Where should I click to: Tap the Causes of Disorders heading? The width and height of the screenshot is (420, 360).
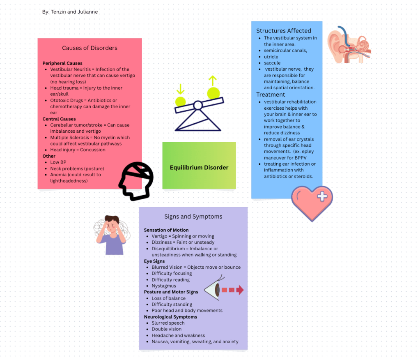click(x=90, y=48)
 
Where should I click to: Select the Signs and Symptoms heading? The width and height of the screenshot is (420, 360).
click(x=193, y=217)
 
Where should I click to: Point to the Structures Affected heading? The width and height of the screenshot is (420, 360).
click(x=284, y=31)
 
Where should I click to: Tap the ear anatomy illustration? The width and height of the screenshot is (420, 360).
click(x=349, y=45)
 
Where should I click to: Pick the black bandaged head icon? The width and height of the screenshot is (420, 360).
click(x=136, y=181)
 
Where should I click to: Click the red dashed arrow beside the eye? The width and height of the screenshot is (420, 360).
click(x=232, y=290)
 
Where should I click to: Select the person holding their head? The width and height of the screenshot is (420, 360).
click(x=111, y=235)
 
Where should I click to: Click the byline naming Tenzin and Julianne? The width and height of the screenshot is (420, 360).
click(x=70, y=12)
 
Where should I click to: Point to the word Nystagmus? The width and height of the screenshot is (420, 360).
click(x=164, y=286)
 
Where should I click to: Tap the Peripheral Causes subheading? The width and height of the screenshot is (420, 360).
click(x=62, y=63)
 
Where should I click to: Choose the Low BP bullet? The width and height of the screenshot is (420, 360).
click(x=58, y=162)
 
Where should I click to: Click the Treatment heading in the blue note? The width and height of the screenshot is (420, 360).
click(x=271, y=95)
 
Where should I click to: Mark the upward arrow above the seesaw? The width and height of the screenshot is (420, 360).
click(x=213, y=81)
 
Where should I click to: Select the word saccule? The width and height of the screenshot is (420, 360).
click(x=272, y=63)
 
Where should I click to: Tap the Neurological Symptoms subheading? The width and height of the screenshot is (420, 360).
click(x=170, y=317)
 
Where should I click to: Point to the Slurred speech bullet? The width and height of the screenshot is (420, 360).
click(x=168, y=323)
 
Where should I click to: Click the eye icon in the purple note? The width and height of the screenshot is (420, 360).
click(x=212, y=290)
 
